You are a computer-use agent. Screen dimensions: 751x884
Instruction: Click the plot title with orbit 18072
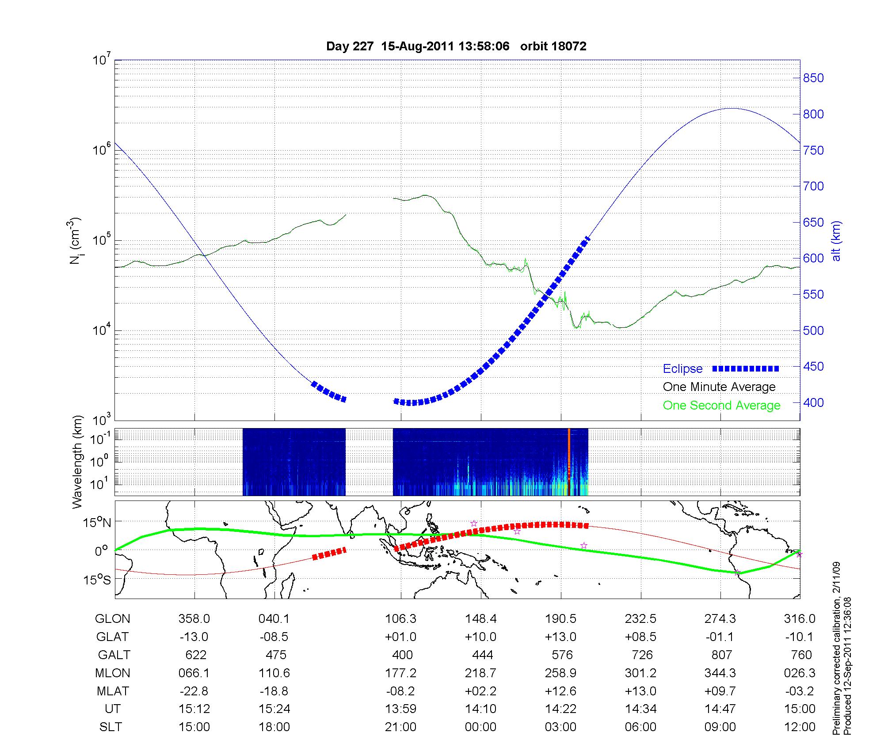coord(456,46)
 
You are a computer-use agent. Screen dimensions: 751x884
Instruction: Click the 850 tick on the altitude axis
coord(814,78)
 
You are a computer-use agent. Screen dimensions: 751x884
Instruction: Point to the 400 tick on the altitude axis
coord(814,402)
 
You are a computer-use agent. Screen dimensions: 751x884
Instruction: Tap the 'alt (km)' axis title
coord(836,241)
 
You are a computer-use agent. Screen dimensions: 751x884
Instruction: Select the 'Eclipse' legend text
coord(682,369)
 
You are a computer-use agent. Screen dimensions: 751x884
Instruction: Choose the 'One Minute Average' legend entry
coord(719,387)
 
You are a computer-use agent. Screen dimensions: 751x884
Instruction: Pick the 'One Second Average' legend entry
coord(721,406)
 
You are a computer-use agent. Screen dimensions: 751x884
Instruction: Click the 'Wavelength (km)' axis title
coord(78,462)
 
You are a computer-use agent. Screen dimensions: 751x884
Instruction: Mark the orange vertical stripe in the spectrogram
coord(569,462)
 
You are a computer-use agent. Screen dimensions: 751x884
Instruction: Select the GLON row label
coord(112,619)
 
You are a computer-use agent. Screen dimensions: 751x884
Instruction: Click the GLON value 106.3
coord(400,619)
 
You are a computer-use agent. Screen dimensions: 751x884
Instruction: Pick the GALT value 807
coord(721,655)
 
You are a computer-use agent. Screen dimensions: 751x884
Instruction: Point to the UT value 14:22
coord(560,709)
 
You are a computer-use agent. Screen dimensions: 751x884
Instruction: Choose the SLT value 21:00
coord(400,727)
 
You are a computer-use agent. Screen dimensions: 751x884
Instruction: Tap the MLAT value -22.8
coord(194,691)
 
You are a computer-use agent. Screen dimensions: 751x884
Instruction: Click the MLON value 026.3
coord(800,673)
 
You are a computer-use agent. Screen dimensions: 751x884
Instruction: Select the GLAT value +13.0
coord(560,637)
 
